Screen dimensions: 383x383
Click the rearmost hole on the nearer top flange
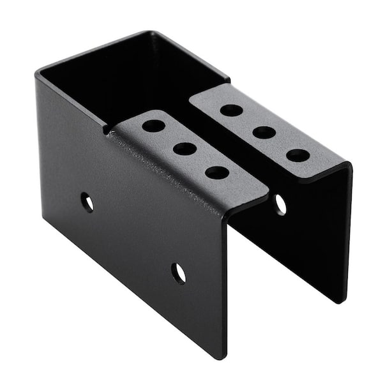[x=153, y=126]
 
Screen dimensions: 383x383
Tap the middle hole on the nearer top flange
[x=185, y=149]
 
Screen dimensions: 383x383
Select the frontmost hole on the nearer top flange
[x=217, y=172]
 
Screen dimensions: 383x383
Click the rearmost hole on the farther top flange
[x=231, y=110]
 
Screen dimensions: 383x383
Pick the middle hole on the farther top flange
[x=264, y=132]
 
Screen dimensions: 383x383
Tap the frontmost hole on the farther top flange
[x=297, y=154]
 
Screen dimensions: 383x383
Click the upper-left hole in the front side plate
[x=87, y=202]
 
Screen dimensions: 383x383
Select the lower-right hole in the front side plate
[x=179, y=273]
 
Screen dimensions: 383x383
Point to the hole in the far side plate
[x=280, y=204]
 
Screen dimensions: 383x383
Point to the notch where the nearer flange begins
[x=107, y=130]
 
